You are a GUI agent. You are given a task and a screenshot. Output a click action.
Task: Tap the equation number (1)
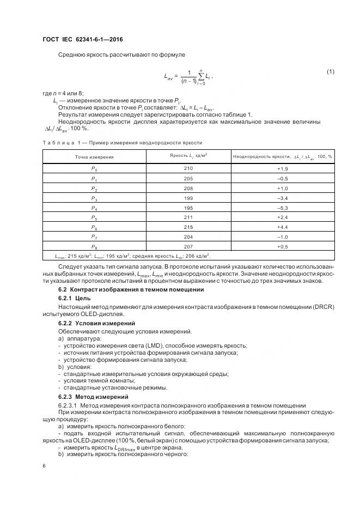[x=330, y=72]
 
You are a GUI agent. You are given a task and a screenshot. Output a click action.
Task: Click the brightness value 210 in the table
[x=188, y=168]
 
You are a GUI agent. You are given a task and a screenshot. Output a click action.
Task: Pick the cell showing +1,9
[x=282, y=168]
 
